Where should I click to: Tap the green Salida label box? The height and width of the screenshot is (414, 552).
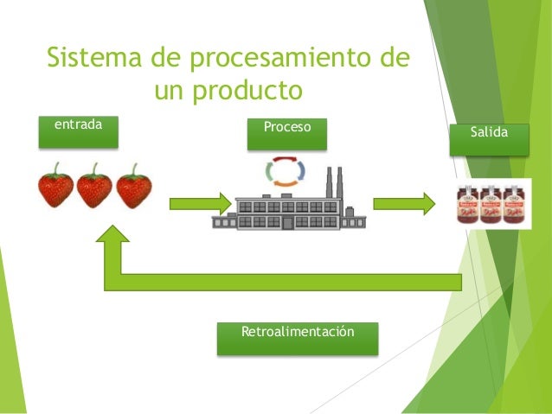pos(489,138)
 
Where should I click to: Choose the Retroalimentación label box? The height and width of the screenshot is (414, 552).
pos(297,338)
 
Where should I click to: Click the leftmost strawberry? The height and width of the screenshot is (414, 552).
pos(55,189)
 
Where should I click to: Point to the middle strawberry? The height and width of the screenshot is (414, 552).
pos(94,189)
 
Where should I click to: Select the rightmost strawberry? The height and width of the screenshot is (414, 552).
pos(133,189)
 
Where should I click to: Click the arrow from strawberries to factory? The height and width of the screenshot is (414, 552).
pos(199,205)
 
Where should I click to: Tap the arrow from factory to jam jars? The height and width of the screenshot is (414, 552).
pos(404,205)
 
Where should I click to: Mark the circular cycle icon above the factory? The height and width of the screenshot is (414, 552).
pos(285,170)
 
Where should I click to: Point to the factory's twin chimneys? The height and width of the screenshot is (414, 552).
pos(333,183)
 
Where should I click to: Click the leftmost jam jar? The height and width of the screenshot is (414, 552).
pos(470,205)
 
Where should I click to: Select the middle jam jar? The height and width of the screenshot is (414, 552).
pos(491,205)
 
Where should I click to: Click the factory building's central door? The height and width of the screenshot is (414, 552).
pos(287,223)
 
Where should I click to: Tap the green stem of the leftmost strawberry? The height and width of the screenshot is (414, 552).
pos(55,169)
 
